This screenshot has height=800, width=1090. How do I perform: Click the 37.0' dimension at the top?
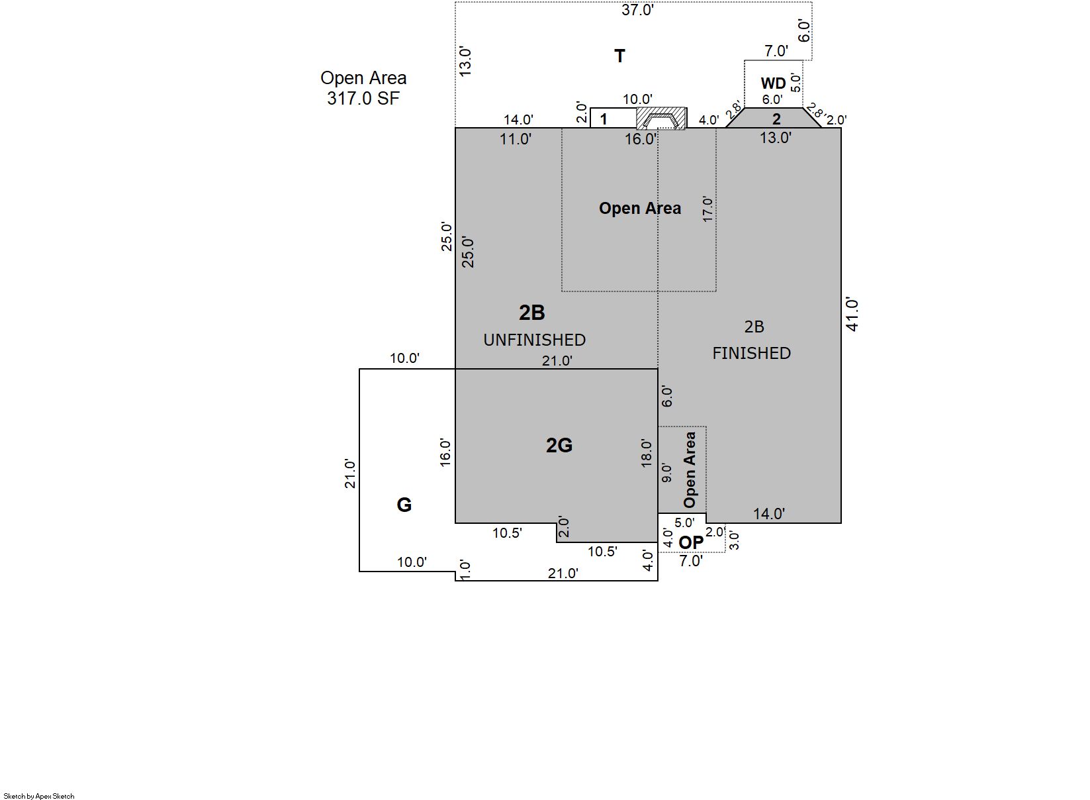[637, 10]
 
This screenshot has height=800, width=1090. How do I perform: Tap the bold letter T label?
[619, 56]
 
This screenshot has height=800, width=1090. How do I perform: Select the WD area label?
[773, 83]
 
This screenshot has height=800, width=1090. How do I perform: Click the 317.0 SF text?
[363, 99]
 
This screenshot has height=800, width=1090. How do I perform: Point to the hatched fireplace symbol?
[662, 119]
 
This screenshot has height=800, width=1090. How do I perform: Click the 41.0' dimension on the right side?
[852, 314]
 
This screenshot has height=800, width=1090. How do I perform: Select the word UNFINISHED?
[534, 340]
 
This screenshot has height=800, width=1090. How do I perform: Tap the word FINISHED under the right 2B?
[751, 353]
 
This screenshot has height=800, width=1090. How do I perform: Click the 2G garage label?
[559, 445]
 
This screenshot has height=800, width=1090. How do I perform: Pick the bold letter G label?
[404, 505]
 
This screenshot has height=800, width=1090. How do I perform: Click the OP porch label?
[691, 542]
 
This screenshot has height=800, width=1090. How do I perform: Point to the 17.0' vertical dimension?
[708, 209]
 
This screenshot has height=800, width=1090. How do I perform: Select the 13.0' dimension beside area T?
[465, 62]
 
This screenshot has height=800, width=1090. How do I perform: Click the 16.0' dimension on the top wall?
[641, 139]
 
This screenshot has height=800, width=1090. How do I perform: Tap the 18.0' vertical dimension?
[646, 454]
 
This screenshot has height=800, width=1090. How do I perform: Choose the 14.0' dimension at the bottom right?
[769, 514]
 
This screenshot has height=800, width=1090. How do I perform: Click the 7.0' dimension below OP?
[691, 561]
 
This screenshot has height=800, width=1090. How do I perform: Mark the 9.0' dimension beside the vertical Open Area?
[667, 474]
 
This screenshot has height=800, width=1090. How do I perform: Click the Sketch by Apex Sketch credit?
[39, 796]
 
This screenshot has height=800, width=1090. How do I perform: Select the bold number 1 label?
[604, 119]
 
